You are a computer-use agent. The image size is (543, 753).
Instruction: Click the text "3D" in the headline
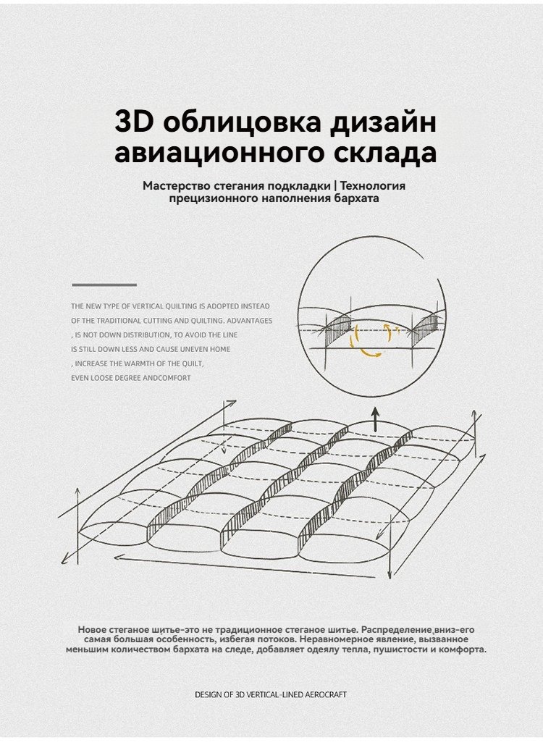click(134, 122)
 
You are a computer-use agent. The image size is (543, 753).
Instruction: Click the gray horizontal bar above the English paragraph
click(105, 285)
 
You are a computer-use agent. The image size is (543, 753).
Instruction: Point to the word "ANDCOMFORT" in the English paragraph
click(167, 378)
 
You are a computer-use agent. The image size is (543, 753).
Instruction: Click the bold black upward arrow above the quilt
click(376, 420)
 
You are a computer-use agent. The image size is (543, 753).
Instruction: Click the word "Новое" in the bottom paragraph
click(91, 630)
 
